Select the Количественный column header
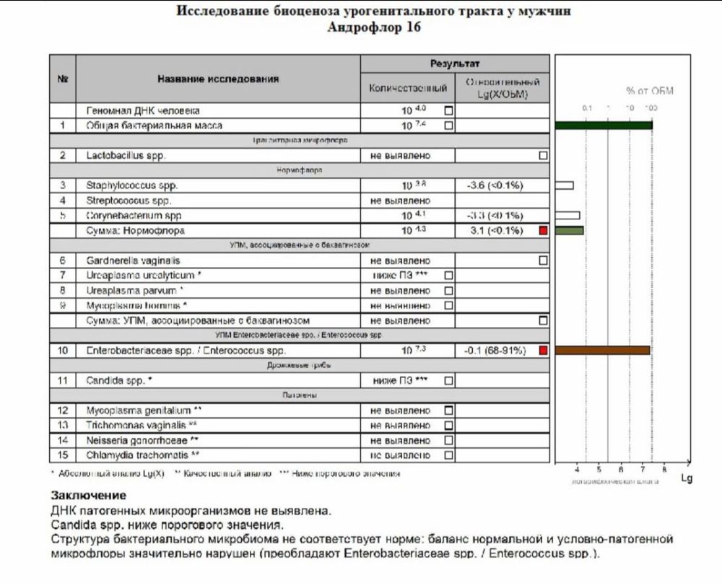408,87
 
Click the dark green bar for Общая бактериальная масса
604,126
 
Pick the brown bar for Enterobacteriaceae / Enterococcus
602,350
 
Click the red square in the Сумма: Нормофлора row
543,231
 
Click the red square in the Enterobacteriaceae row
543,351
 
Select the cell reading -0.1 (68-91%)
495,351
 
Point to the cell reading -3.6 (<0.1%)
495,185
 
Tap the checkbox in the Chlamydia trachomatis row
448,455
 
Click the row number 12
63,410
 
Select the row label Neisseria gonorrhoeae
142,440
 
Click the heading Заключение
88,496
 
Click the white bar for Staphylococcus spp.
564,185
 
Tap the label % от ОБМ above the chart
649,91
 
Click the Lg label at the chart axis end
686,478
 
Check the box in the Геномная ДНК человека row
448,111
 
